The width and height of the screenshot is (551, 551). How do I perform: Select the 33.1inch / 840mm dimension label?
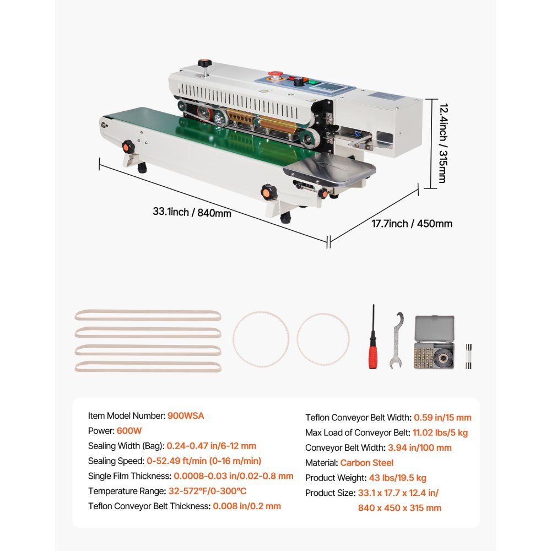[x=192, y=212]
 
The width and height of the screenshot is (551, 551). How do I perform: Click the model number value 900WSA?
[x=186, y=416]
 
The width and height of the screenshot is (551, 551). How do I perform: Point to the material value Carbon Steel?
[x=366, y=463]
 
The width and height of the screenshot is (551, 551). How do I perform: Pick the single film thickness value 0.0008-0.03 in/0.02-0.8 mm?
[x=233, y=476]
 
